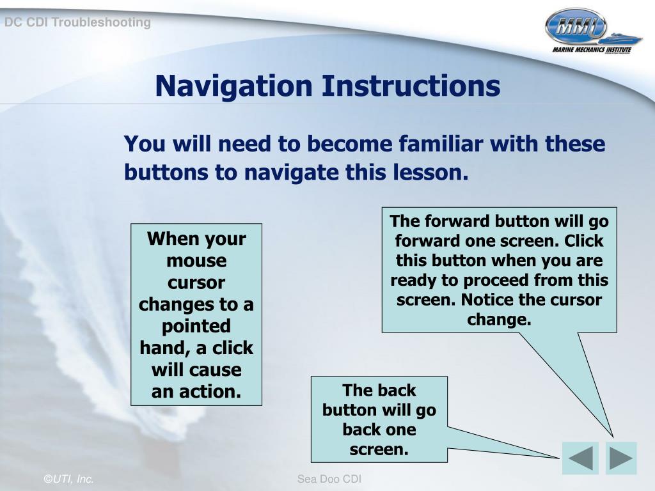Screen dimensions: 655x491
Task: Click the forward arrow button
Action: coord(621,458)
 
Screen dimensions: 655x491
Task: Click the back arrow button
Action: coord(580,458)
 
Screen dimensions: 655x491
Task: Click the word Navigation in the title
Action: coord(233,86)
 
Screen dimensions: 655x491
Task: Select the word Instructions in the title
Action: coord(411,86)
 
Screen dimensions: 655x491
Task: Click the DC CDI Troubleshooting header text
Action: coord(77,22)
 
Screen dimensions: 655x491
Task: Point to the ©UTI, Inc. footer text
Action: coord(68,479)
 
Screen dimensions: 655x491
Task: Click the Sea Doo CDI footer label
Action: coord(329,479)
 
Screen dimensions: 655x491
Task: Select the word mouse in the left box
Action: coord(196,261)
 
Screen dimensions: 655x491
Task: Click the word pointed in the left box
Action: coord(196,327)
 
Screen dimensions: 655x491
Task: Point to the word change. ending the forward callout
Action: coord(499,320)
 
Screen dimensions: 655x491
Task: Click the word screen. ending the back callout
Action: coord(379,449)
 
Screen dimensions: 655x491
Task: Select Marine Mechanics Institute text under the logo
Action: coord(592,50)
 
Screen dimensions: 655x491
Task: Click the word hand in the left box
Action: coord(166,348)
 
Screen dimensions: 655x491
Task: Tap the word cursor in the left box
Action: coord(196,283)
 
